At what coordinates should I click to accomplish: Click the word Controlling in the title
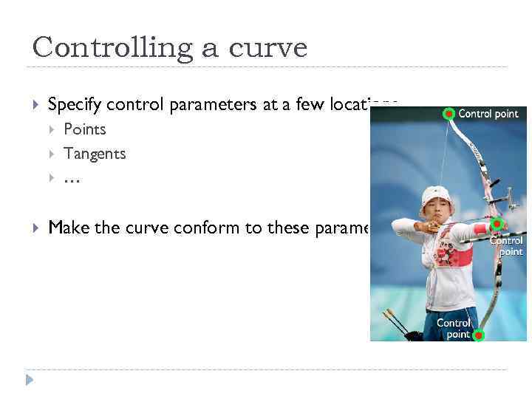[x=103, y=48]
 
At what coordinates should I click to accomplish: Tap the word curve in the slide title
[x=268, y=48]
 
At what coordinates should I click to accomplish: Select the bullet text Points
[x=85, y=129]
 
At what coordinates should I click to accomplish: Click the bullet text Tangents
[x=95, y=154]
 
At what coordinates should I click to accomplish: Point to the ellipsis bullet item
[x=72, y=178]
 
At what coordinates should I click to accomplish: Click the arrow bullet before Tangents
[x=52, y=154]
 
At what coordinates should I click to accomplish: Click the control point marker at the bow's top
[x=449, y=114]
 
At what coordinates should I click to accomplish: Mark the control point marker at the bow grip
[x=497, y=224]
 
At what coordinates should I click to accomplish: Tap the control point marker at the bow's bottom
[x=478, y=335]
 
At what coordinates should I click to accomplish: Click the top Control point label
[x=488, y=114]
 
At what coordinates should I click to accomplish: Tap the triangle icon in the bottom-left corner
[x=30, y=380]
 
